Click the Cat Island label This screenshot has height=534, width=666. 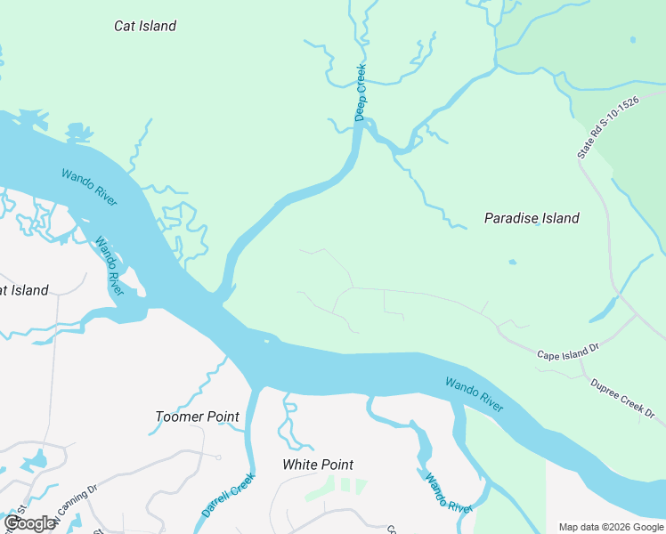tap(145, 26)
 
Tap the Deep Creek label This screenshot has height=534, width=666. tap(361, 93)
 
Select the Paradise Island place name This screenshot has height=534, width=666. tap(531, 218)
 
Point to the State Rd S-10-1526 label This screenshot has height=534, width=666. tap(608, 127)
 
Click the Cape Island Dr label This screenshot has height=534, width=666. tap(570, 354)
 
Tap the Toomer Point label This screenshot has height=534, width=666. tap(197, 417)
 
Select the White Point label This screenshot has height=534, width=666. tap(318, 465)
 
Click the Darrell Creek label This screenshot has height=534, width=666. tap(229, 496)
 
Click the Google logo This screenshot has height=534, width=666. tap(29, 523)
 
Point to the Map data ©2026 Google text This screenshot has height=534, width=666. tap(611, 527)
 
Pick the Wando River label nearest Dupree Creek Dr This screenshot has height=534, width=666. tap(475, 394)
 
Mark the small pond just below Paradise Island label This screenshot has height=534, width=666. tap(511, 262)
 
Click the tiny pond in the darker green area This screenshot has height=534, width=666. tap(632, 40)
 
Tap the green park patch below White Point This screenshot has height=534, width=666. tap(337, 487)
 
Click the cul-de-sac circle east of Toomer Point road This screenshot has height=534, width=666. tap(218, 457)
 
